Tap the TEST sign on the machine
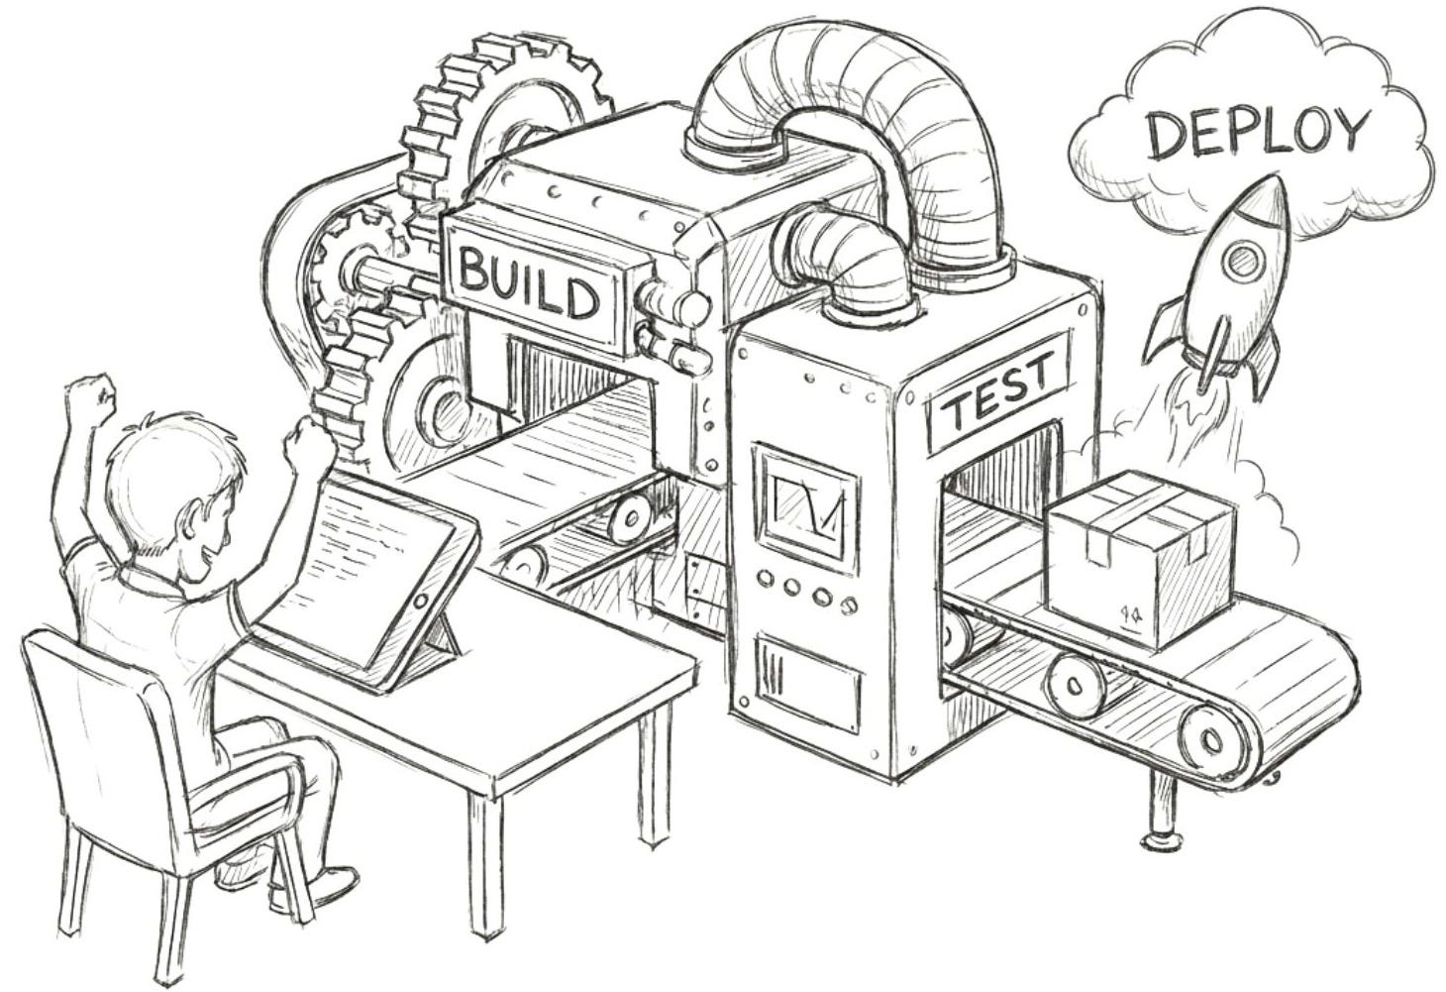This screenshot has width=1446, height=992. click(998, 393)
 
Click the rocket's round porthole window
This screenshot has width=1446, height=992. click(1240, 262)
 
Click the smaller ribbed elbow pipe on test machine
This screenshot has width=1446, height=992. click(852, 253)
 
